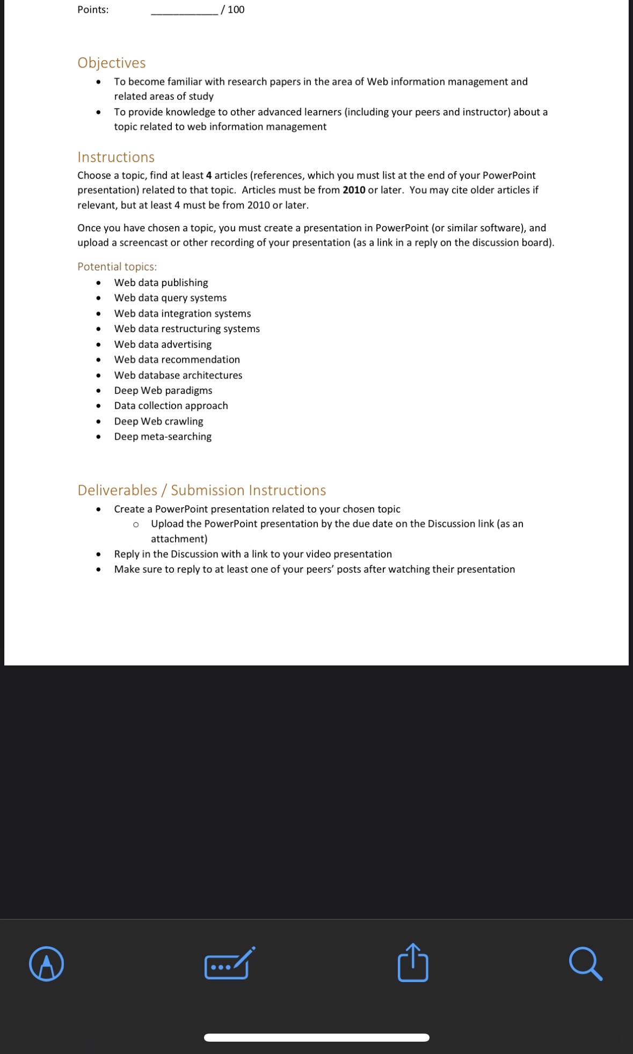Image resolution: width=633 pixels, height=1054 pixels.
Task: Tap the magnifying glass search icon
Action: tap(585, 964)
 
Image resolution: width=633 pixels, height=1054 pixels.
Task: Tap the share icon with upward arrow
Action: tap(413, 963)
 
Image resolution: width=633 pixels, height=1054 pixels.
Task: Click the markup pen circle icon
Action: tap(46, 963)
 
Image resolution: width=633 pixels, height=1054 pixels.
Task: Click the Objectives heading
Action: tap(112, 63)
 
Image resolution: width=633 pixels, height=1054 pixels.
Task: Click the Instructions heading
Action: tap(116, 157)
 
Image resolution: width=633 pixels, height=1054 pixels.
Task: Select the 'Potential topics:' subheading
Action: tap(117, 267)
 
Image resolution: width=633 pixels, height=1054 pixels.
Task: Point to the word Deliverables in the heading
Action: tap(118, 490)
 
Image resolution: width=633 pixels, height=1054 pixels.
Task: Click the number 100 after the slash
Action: tap(236, 10)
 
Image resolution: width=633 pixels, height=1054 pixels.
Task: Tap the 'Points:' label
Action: tap(93, 10)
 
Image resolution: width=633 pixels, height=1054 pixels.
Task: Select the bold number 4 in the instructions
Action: tap(209, 175)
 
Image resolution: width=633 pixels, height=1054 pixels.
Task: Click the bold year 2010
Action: tap(354, 190)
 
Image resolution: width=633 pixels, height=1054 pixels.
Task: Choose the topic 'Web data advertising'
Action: tap(163, 344)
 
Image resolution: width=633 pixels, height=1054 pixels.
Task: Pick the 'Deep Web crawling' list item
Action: tap(158, 421)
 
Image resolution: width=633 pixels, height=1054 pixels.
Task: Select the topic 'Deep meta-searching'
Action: tap(163, 436)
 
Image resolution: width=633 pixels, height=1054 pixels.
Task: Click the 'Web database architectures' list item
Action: tap(178, 375)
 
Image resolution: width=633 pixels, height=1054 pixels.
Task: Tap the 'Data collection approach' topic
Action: tap(171, 406)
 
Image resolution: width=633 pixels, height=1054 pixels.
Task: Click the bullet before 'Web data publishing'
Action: tap(98, 283)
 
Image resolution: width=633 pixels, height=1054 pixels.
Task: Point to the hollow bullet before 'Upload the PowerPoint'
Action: tap(136, 524)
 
